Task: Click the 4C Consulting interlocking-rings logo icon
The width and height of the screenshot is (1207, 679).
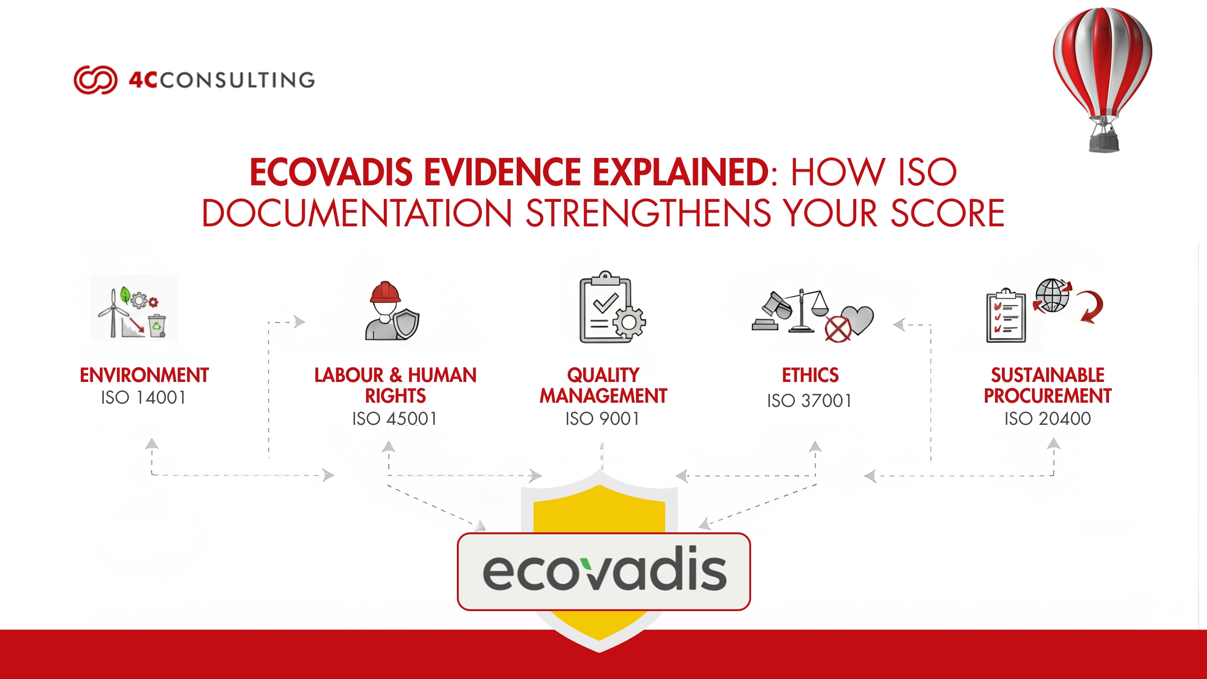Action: [x=95, y=80]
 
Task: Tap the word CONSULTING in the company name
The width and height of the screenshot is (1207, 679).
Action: [x=237, y=80]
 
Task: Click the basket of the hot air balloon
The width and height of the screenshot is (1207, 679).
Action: [x=1104, y=141]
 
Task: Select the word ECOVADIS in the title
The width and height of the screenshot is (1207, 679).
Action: [x=331, y=172]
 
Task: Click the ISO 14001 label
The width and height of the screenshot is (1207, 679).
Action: [x=143, y=397]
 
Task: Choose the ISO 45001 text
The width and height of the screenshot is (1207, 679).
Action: [x=395, y=418]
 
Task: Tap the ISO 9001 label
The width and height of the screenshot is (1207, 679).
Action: [x=603, y=418]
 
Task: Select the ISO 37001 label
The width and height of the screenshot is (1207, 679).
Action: [x=809, y=401]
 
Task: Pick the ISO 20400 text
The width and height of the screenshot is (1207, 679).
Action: [x=1047, y=418]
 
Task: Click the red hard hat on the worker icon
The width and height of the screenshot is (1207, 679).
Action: [x=385, y=292]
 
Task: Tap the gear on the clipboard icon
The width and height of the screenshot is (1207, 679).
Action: [x=629, y=322]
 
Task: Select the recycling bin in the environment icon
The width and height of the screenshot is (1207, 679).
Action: [x=157, y=325]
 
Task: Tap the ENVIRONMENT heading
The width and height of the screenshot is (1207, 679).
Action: [x=144, y=375]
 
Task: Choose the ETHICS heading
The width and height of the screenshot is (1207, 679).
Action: [x=810, y=375]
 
